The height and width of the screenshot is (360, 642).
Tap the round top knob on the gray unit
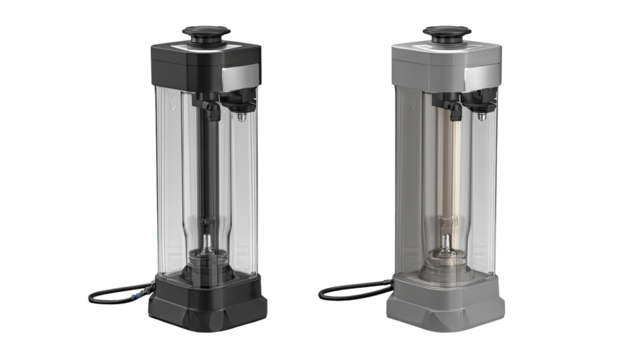(443, 32)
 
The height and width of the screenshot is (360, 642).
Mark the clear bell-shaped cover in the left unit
(209, 235)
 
